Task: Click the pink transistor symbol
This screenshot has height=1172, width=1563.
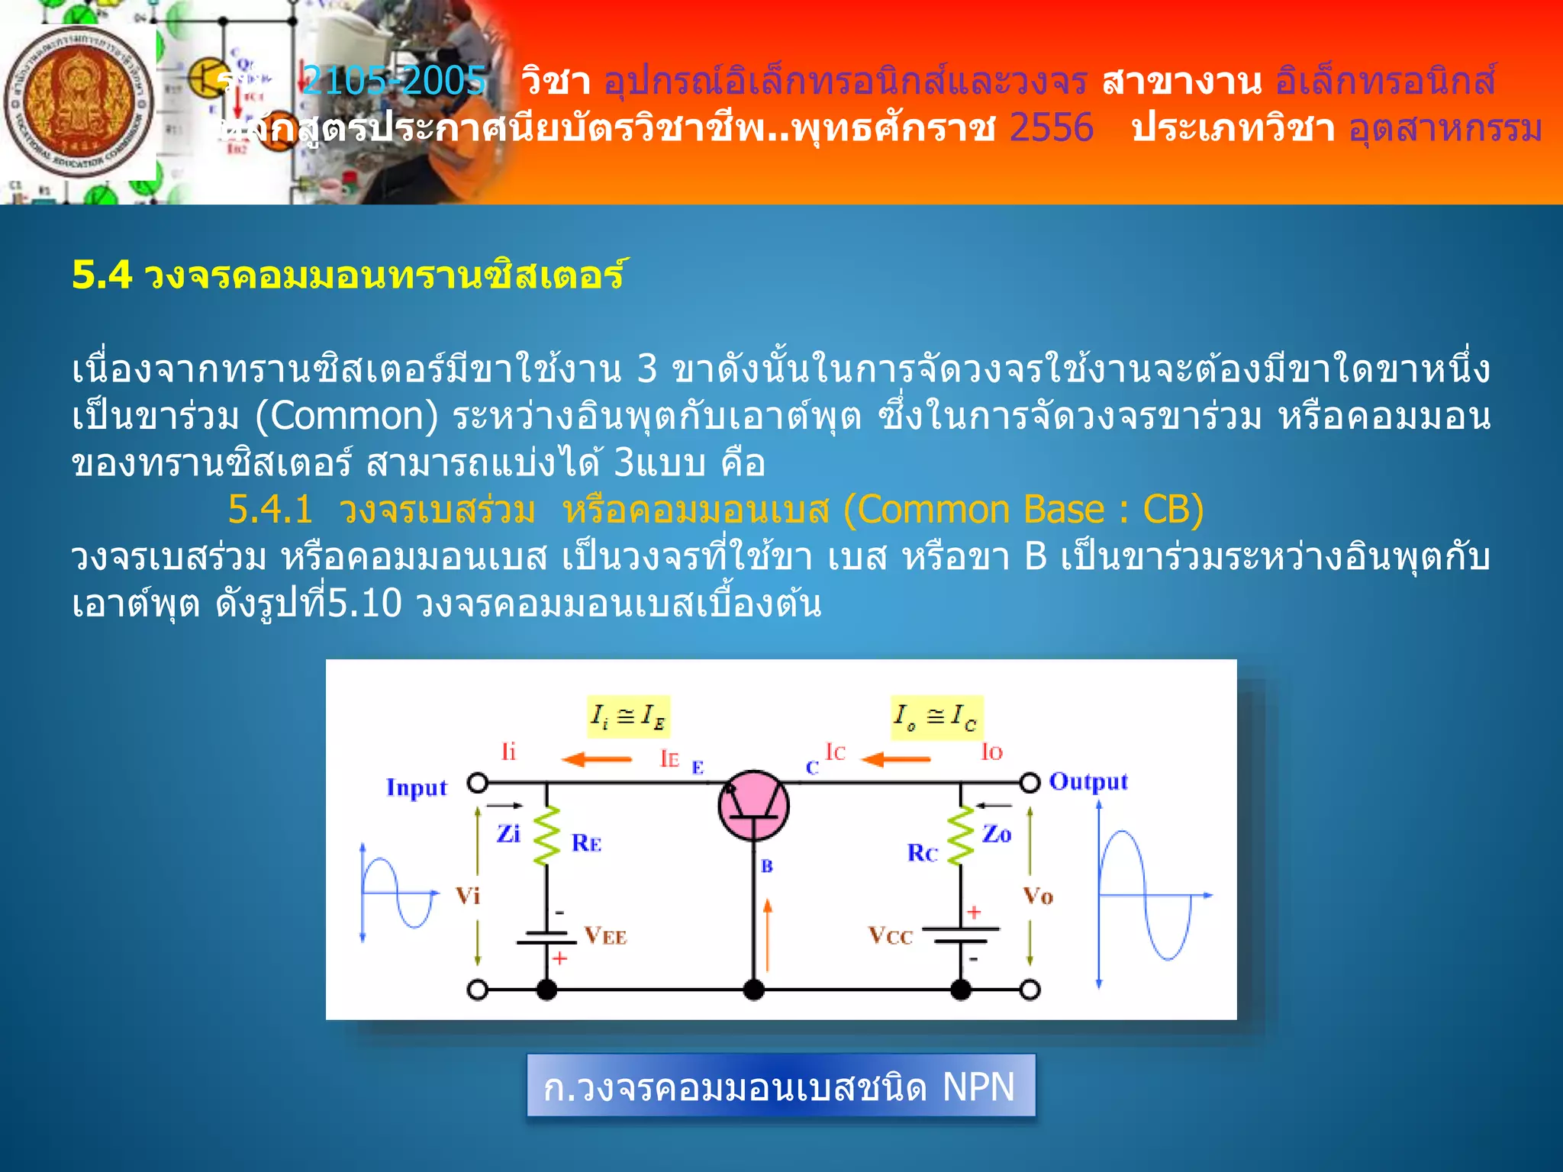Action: pyautogui.click(x=753, y=806)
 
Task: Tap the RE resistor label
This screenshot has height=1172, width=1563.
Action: pyautogui.click(x=586, y=843)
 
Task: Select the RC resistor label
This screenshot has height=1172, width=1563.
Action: pyautogui.click(x=922, y=853)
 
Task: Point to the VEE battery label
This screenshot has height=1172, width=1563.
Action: pyautogui.click(x=605, y=936)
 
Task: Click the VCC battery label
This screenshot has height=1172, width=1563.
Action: pyautogui.click(x=890, y=935)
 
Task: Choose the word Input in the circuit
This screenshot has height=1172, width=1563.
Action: pyautogui.click(x=416, y=787)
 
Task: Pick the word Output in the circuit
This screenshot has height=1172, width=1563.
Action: pyautogui.click(x=1088, y=782)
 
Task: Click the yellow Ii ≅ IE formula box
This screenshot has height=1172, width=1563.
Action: pyautogui.click(x=628, y=716)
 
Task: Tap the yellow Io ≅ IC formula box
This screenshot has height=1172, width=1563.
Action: pyautogui.click(x=936, y=717)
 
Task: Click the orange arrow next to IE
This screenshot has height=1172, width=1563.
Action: pyautogui.click(x=597, y=759)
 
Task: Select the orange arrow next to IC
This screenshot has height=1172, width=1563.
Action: pyautogui.click(x=896, y=759)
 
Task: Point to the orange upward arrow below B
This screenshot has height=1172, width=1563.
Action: pyautogui.click(x=768, y=934)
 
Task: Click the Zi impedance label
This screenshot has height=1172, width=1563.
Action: pyautogui.click(x=508, y=834)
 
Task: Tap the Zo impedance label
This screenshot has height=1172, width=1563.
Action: pyautogui.click(x=997, y=834)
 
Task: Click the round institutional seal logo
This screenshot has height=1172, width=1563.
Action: pyautogui.click(x=79, y=102)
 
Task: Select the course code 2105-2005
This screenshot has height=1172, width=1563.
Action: pyautogui.click(x=394, y=80)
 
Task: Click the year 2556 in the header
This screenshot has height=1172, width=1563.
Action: pyautogui.click(x=1051, y=127)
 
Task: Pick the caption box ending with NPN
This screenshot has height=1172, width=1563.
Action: pyautogui.click(x=780, y=1086)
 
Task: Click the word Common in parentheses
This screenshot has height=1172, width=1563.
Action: pyautogui.click(x=346, y=416)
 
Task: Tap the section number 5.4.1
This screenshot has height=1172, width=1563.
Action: pyautogui.click(x=270, y=509)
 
